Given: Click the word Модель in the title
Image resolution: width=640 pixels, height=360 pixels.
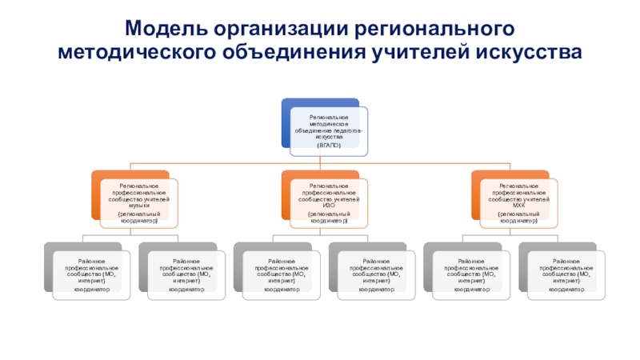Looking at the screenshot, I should click(x=165, y=29).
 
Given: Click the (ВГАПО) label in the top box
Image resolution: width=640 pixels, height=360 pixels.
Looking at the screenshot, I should click(x=328, y=146).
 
